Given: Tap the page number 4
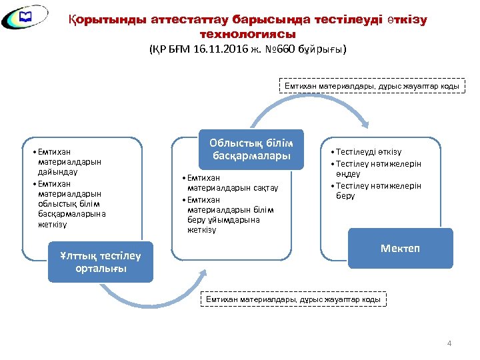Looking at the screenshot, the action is pos(449,343).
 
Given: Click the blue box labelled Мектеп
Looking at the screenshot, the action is pos(400,248).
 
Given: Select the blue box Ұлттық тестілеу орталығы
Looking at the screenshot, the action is pos(101,262).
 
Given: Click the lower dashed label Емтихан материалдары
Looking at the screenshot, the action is pos(293,299).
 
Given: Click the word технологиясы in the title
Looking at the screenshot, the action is pos(247,33).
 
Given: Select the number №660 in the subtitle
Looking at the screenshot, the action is pos(287,50).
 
